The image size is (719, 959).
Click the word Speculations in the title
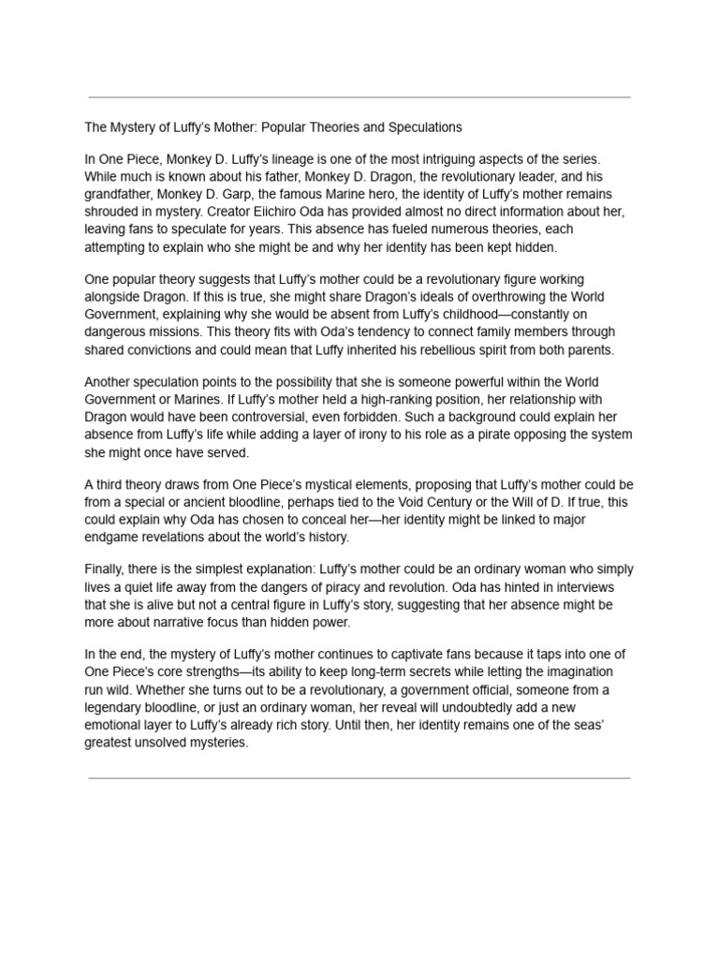tap(426, 126)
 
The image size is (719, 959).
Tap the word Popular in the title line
tap(306, 126)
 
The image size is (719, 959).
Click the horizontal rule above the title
tap(359, 96)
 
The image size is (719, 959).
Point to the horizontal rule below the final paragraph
tap(359, 777)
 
